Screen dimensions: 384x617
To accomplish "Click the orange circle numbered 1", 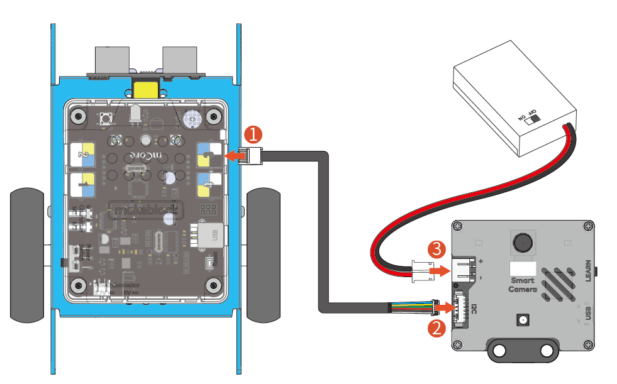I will click(253, 134).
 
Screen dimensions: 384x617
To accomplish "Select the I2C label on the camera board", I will click(474, 309).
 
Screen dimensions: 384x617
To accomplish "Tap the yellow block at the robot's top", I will click(147, 89).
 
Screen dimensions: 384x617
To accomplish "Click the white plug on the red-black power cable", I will click(420, 269).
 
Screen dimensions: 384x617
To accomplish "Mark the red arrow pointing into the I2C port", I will click(443, 308).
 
